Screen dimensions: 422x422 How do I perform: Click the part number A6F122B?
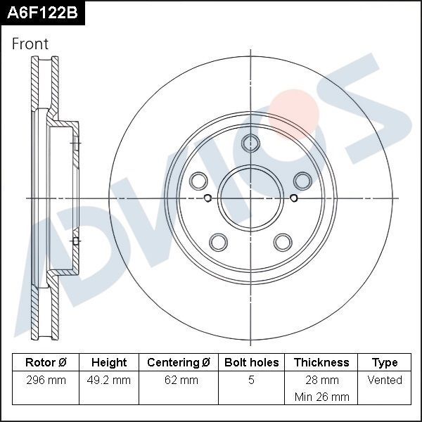click(x=42, y=13)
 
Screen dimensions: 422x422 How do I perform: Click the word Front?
click(x=30, y=44)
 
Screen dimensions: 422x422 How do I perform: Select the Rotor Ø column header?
click(x=45, y=363)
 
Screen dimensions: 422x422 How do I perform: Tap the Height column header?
click(x=109, y=363)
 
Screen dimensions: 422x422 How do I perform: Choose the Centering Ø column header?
click(x=179, y=363)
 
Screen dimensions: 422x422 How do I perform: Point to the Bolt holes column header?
click(x=251, y=363)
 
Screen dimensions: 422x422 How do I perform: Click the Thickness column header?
click(x=321, y=363)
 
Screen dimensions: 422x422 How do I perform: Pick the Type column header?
click(x=385, y=363)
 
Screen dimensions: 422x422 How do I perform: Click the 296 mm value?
click(x=45, y=381)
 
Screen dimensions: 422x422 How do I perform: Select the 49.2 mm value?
click(x=109, y=381)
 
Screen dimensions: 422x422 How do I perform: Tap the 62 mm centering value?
click(x=179, y=381)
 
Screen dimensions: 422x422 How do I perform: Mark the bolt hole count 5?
click(x=251, y=381)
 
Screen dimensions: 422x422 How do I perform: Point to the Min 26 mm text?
click(x=321, y=397)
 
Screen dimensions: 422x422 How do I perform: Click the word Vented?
click(x=385, y=381)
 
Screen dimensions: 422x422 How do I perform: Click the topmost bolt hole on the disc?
click(x=250, y=143)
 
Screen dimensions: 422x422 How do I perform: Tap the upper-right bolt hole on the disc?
click(x=302, y=181)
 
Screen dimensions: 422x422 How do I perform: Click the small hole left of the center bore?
click(x=207, y=198)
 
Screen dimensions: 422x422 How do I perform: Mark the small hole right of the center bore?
click(x=293, y=198)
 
